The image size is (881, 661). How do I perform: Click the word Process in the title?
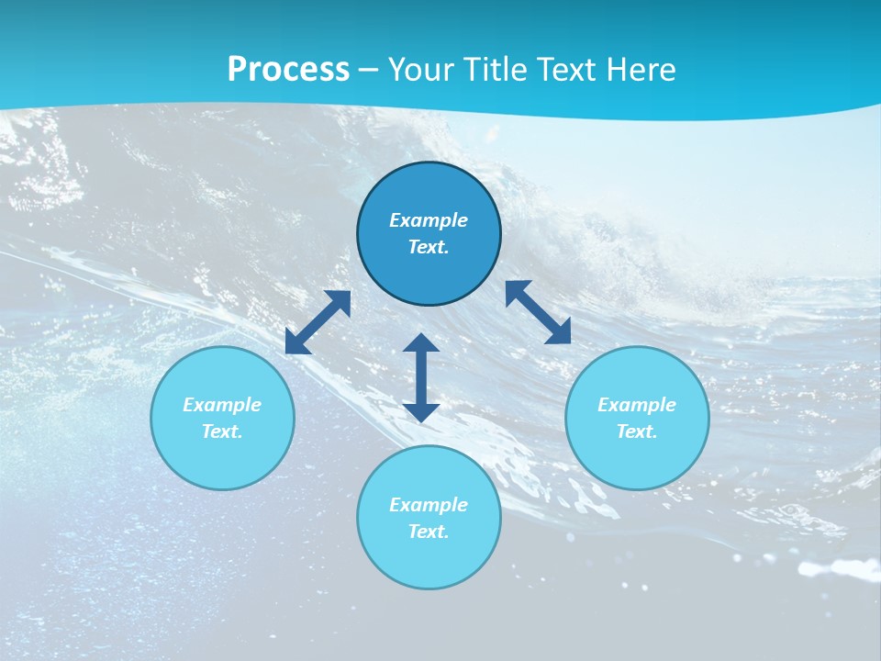pos(288,70)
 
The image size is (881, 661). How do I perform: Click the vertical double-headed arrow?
pos(421,377)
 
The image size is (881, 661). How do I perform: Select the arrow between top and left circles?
pos(318,322)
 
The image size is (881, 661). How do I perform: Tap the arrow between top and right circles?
pos(538,312)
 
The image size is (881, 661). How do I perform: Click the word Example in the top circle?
pos(429,220)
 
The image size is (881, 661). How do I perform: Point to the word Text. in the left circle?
pos(222,431)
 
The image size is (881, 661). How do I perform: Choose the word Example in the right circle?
pos(637,405)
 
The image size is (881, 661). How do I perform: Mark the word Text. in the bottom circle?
pos(429,532)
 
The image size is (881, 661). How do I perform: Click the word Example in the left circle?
pos(222,405)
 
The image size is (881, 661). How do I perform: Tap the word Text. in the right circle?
pos(637,431)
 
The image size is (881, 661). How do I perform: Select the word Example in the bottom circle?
pos(429,505)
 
